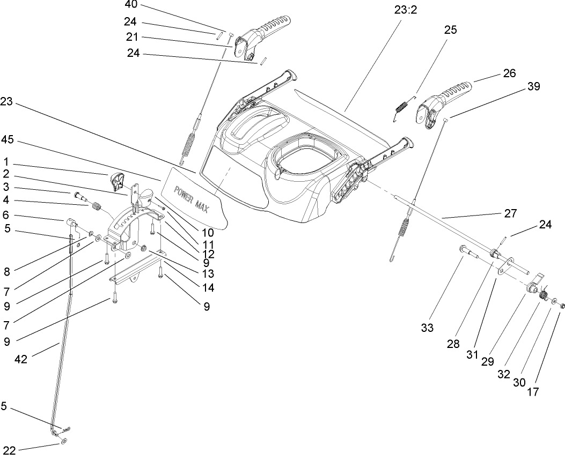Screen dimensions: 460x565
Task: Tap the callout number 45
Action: [7, 139]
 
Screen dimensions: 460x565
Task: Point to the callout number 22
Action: [9, 449]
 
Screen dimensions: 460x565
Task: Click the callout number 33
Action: [427, 328]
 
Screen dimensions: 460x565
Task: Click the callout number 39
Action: [534, 86]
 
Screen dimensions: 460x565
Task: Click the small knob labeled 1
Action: [117, 181]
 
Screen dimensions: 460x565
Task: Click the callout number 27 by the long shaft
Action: [510, 213]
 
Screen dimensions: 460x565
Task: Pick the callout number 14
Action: [208, 287]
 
